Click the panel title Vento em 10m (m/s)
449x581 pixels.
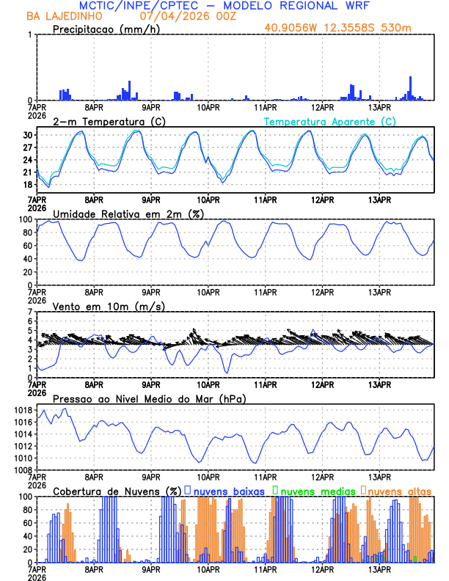click(x=109, y=306)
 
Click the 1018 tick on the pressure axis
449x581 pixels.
click(x=22, y=410)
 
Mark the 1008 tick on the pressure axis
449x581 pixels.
click(x=22, y=469)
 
